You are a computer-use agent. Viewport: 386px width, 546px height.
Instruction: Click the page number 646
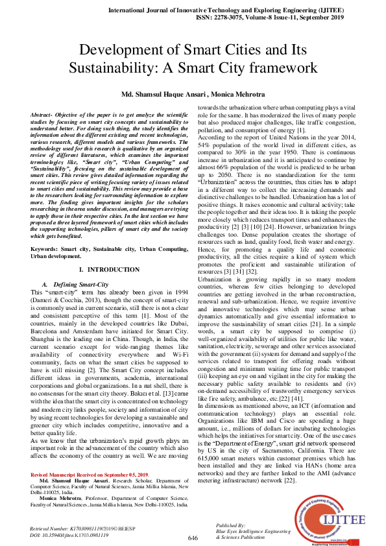click(x=193, y=538)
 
